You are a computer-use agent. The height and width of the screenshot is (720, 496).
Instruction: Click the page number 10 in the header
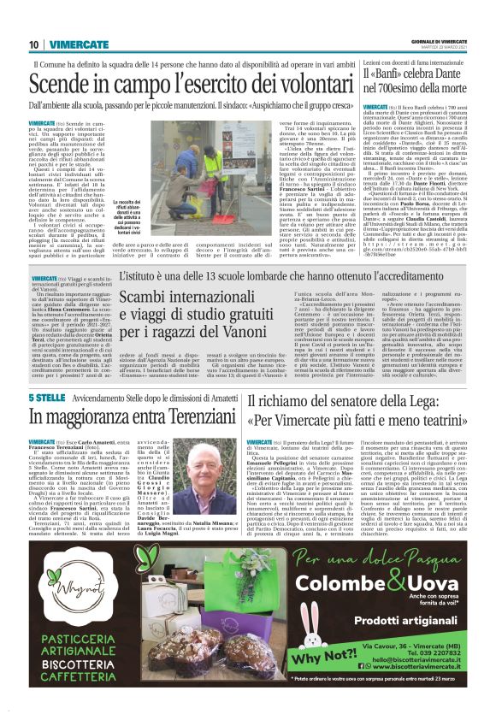pyautogui.click(x=35, y=44)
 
